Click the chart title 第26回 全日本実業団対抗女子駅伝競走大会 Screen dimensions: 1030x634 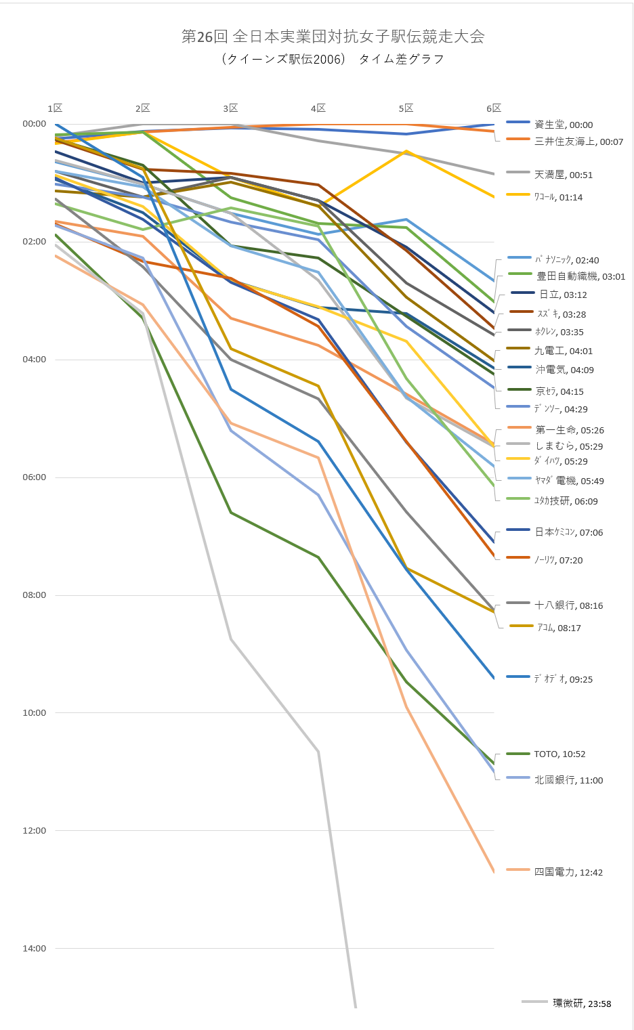[333, 37]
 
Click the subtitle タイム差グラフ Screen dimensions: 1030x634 [401, 60]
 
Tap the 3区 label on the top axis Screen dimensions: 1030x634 [230, 108]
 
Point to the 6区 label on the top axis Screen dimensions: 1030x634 [494, 108]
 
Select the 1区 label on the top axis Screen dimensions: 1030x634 [55, 108]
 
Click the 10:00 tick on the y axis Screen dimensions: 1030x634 [35, 713]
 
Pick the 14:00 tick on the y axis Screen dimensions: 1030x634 [35, 949]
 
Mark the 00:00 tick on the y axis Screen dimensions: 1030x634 [35, 124]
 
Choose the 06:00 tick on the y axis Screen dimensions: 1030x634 [35, 477]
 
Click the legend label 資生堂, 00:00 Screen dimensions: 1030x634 [563, 125]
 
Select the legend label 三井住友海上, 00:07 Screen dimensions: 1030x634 [578, 142]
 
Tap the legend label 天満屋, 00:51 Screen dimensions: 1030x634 [563, 175]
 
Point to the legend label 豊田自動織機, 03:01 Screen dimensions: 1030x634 [580, 277]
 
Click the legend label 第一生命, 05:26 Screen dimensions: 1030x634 [570, 431]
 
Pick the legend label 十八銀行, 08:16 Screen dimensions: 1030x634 [568, 606]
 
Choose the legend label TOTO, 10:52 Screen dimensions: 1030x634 [559, 754]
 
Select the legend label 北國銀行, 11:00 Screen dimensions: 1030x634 [568, 781]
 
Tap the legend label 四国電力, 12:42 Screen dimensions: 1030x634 [568, 873]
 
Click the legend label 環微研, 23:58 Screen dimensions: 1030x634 [582, 1004]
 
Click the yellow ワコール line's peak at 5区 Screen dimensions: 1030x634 [406, 151]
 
